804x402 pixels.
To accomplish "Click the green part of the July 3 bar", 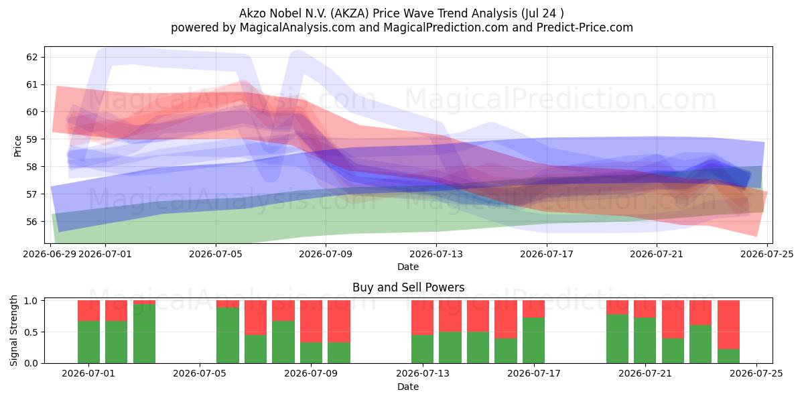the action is tap(144, 334).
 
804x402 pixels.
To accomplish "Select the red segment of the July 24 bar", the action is tap(729, 324).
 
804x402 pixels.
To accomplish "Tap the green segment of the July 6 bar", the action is tap(228, 335).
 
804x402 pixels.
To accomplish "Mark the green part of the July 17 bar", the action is tap(533, 340).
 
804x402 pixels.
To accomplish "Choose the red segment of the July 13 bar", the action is tap(423, 318).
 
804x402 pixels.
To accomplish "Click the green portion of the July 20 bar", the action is tap(617, 339).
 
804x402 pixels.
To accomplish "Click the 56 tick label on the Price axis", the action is tap(31, 222).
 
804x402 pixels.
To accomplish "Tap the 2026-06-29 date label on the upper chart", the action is tap(50, 254).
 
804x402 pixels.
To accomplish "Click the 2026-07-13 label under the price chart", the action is tap(436, 254).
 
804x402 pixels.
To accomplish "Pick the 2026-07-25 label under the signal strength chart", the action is tap(756, 373).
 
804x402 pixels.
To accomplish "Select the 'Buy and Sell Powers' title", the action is tap(409, 287).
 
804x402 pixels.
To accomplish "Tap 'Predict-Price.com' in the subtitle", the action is tap(585, 27).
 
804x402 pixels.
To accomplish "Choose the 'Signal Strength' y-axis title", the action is tap(13, 330).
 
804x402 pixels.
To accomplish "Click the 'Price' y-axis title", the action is tap(17, 146).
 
